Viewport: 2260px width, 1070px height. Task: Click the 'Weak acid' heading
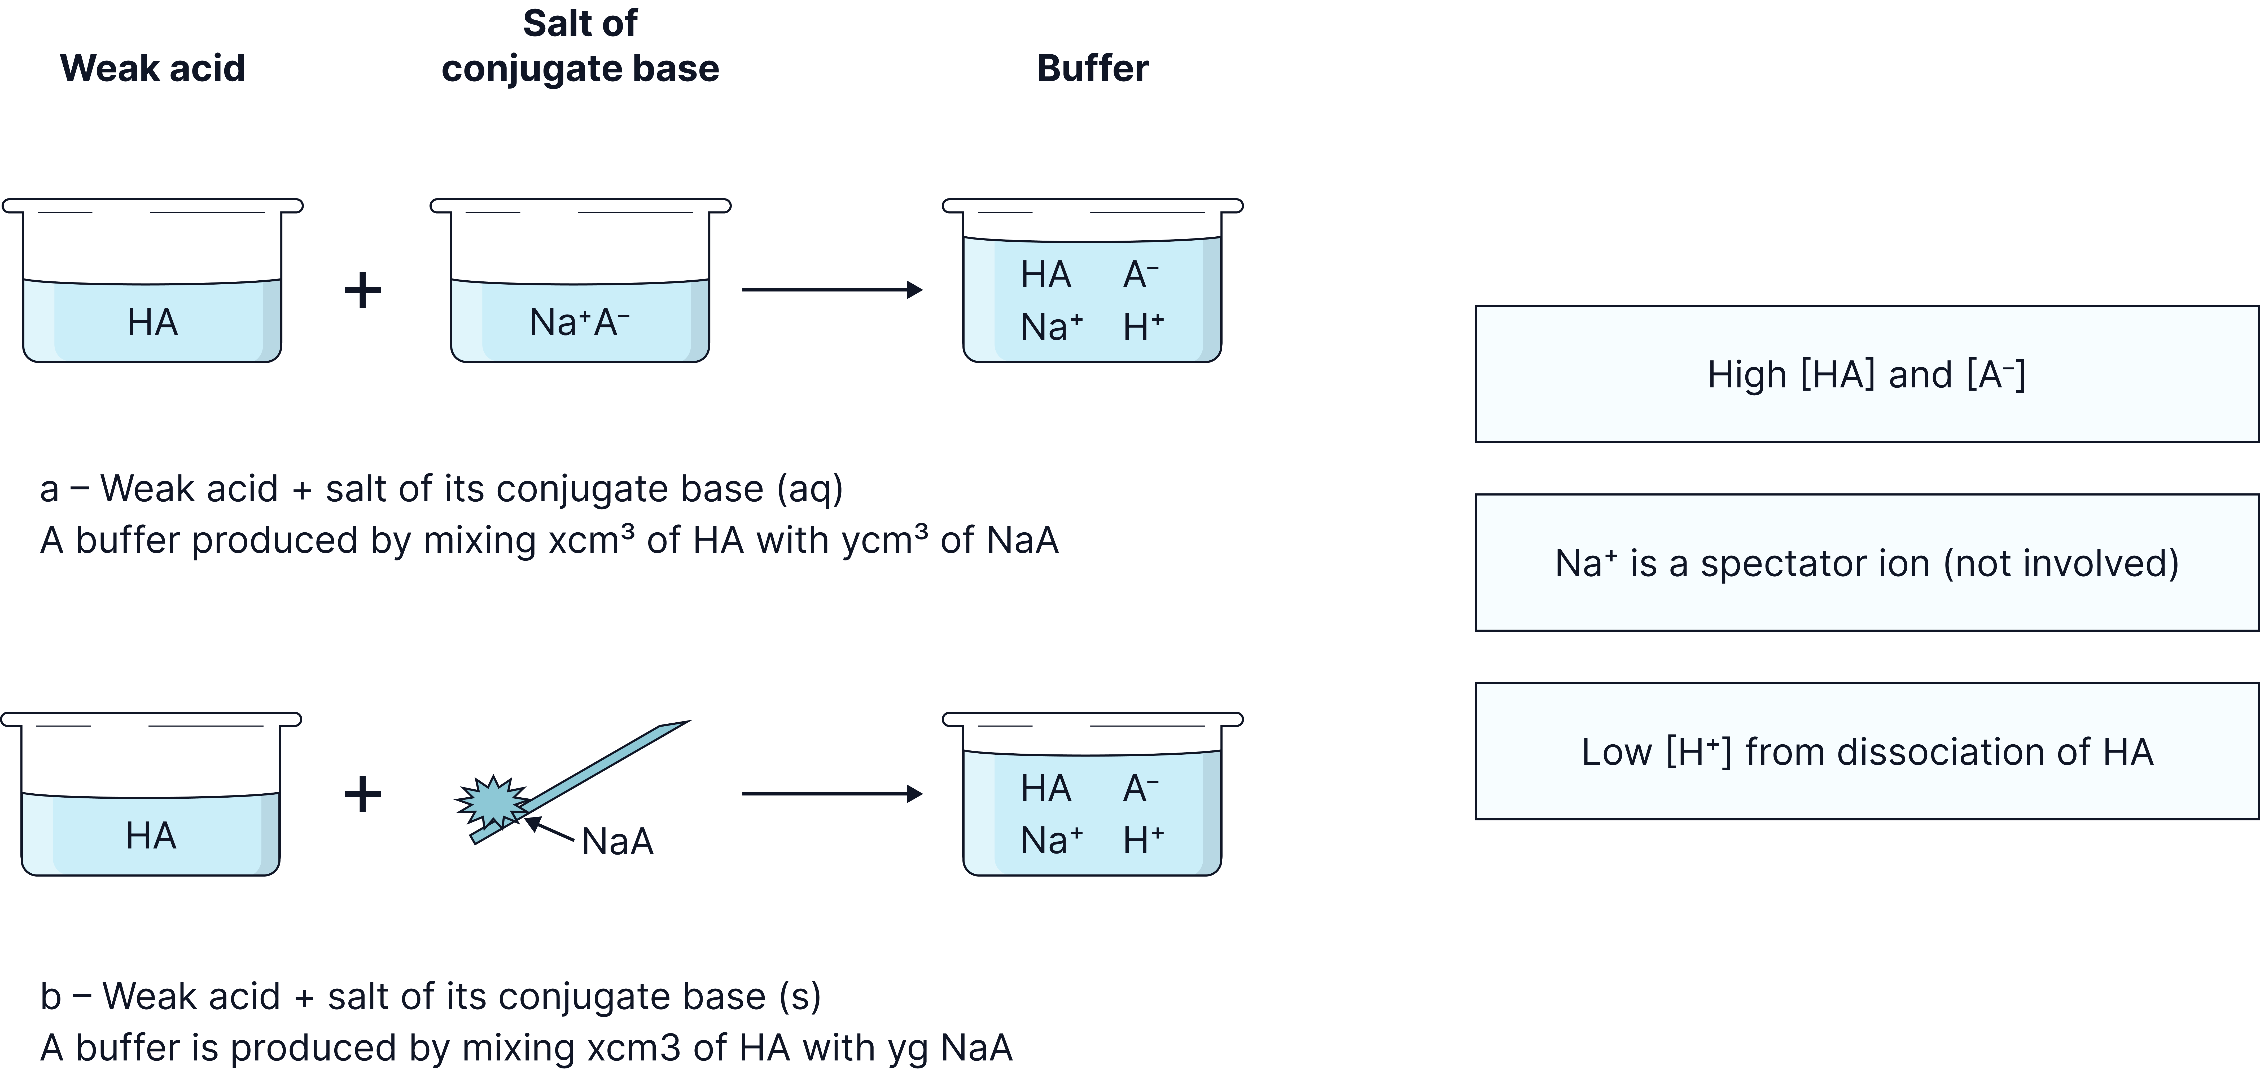click(153, 68)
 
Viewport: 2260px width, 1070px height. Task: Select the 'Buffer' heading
click(1092, 68)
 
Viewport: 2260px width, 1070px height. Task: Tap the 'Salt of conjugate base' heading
click(580, 46)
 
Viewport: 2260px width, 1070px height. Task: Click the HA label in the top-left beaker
click(153, 323)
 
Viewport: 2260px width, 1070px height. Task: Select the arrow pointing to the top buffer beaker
click(832, 289)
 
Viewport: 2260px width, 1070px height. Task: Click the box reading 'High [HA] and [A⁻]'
click(1866, 374)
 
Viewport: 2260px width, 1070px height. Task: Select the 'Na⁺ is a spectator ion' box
click(1866, 563)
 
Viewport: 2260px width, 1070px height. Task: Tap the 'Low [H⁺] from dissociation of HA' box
click(1866, 752)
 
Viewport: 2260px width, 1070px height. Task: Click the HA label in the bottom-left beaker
click(151, 836)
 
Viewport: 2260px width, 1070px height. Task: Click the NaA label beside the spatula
click(617, 842)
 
